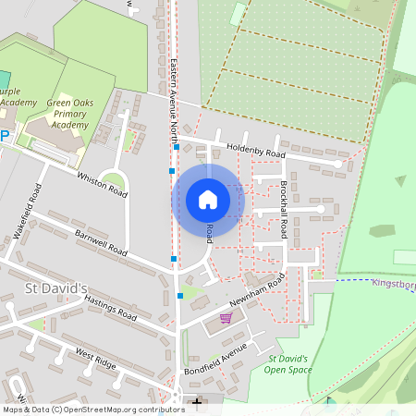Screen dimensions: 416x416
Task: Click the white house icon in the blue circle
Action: (x=208, y=200)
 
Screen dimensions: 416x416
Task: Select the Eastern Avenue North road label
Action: (x=174, y=101)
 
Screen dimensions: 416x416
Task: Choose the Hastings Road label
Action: (x=110, y=308)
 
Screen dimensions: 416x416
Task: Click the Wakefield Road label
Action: (x=29, y=212)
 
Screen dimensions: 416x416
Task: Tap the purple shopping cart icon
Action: (x=226, y=318)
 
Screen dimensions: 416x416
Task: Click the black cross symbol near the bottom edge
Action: (x=196, y=401)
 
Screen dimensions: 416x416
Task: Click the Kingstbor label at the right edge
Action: (x=393, y=284)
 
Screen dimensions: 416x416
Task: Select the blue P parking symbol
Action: (x=3, y=136)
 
